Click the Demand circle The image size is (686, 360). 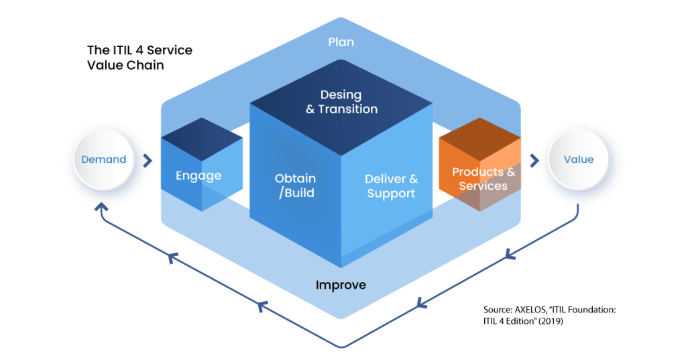click(104, 160)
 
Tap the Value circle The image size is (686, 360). click(578, 160)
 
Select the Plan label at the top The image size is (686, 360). click(341, 42)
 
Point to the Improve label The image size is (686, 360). click(341, 286)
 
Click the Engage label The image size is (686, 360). click(198, 176)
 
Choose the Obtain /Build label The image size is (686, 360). click(295, 186)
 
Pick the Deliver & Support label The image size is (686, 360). click(391, 186)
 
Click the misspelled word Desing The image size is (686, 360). click(341, 95)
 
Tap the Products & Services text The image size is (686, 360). click(483, 178)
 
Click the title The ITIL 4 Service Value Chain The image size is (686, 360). click(139, 58)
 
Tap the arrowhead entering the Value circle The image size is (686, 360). click(534, 160)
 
